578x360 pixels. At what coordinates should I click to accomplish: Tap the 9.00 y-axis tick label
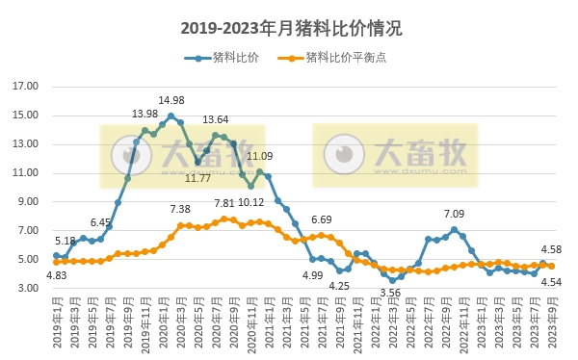click(x=26, y=202)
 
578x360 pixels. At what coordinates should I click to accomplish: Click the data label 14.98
click(x=171, y=100)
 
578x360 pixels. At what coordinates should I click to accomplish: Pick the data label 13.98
click(x=145, y=115)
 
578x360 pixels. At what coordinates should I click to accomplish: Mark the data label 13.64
click(x=215, y=119)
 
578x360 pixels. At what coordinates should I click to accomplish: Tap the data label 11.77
click(x=197, y=177)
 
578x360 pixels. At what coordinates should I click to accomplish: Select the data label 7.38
click(x=180, y=209)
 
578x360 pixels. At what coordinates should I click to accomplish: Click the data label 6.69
click(x=321, y=219)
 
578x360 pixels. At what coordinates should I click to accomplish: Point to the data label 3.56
click(x=390, y=293)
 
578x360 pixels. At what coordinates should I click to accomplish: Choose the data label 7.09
click(x=454, y=214)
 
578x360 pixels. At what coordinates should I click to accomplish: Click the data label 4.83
click(x=57, y=276)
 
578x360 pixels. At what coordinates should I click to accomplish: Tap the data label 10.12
click(x=250, y=202)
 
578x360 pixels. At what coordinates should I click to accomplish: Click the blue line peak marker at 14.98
click(x=171, y=116)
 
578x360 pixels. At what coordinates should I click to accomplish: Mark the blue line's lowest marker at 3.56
click(x=392, y=280)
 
